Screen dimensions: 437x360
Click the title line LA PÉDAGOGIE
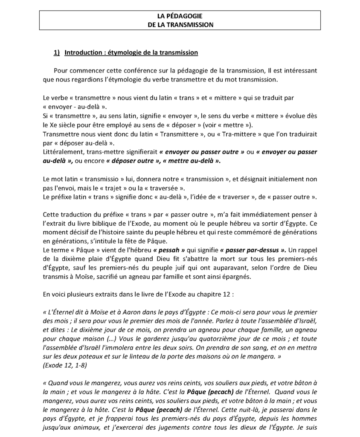tap(180, 17)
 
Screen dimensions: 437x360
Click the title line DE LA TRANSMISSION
tap(180, 25)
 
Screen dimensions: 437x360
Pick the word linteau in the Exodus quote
tap(155, 356)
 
